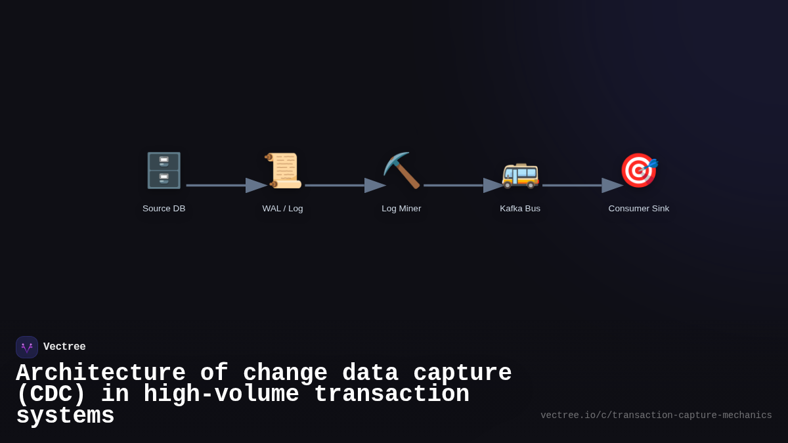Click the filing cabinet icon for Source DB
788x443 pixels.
tap(164, 171)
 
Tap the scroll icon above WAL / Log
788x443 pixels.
tap(283, 171)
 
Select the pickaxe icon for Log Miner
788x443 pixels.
tap(401, 171)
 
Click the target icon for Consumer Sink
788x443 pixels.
tap(638, 171)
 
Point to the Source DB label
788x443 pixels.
tap(164, 209)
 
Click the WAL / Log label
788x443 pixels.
tap(282, 209)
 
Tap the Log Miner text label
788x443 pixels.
tap(401, 209)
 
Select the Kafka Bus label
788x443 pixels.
tap(520, 209)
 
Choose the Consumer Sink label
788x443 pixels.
tap(638, 209)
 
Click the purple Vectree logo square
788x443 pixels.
tap(27, 347)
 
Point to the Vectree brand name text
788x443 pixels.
tap(64, 347)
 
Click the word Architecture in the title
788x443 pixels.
tap(100, 373)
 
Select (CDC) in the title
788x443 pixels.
tap(51, 394)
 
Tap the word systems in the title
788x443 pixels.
tap(65, 416)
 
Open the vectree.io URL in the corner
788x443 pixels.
tap(656, 415)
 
